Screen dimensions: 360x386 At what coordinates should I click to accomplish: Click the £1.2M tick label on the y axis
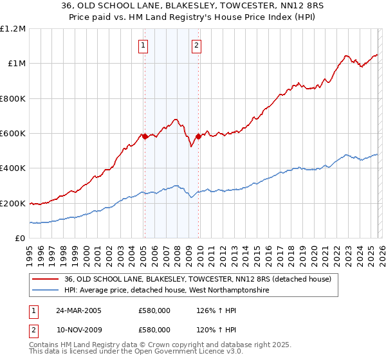[13, 29]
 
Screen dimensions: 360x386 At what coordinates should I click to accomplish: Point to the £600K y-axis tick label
[13, 134]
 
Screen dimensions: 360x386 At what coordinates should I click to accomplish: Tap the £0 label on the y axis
[21, 239]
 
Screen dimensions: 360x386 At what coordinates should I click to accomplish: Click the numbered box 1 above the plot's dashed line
[142, 45]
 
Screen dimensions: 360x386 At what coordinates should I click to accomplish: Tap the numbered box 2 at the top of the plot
[196, 45]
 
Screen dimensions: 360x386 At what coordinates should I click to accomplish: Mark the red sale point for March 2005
[145, 137]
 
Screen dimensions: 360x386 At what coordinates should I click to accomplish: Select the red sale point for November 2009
[198, 137]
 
